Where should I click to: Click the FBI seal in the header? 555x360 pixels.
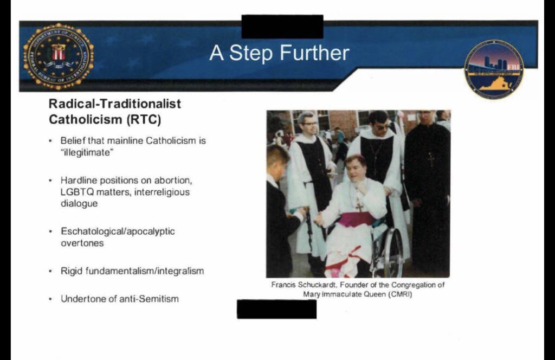click(59, 56)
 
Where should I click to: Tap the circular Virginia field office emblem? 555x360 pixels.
click(494, 69)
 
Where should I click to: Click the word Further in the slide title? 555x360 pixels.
click(314, 53)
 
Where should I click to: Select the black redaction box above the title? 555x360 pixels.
click(282, 27)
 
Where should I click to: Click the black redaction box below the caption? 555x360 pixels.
click(277, 309)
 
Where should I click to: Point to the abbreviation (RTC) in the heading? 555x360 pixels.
click(144, 120)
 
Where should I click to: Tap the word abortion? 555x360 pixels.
click(173, 181)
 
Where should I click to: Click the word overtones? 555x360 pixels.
click(82, 243)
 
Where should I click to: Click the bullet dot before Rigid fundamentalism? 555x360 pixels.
click(50, 272)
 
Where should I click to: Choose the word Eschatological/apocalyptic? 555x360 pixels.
click(118, 232)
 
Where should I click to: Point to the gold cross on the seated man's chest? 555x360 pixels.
click(359, 205)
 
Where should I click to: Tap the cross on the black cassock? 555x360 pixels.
click(431, 159)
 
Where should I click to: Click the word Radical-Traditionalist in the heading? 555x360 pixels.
click(115, 104)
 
